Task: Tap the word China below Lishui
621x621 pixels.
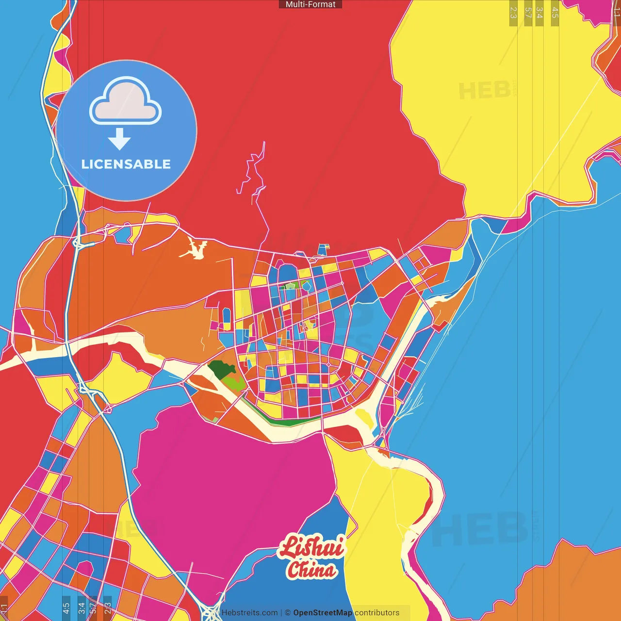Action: point(311,570)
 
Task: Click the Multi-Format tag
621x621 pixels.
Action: point(310,4)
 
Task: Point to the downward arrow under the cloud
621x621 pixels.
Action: point(119,139)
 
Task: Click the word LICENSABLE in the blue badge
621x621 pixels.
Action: point(126,164)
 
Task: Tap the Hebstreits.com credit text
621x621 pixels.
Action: point(249,613)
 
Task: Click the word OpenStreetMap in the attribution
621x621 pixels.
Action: point(323,613)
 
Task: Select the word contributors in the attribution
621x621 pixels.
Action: point(377,613)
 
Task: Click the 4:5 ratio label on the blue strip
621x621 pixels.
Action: point(66,607)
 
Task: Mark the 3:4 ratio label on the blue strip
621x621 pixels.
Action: point(82,607)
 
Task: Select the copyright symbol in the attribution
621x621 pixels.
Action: point(288,613)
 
